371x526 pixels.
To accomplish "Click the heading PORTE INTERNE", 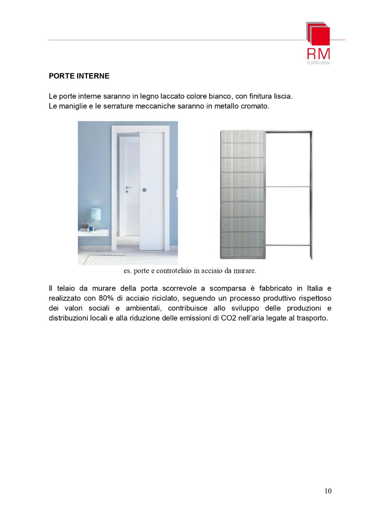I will click(x=79, y=76).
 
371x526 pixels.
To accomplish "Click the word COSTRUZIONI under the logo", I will click(x=318, y=63).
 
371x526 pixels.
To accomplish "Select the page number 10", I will click(x=328, y=491).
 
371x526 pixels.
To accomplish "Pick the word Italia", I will click(x=315, y=289).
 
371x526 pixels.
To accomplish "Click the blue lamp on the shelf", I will click(x=95, y=217).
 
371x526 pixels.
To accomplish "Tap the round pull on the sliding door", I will click(x=145, y=190).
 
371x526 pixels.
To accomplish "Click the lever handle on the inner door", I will click(x=128, y=188).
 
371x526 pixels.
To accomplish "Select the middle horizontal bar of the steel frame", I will click(x=288, y=187).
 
